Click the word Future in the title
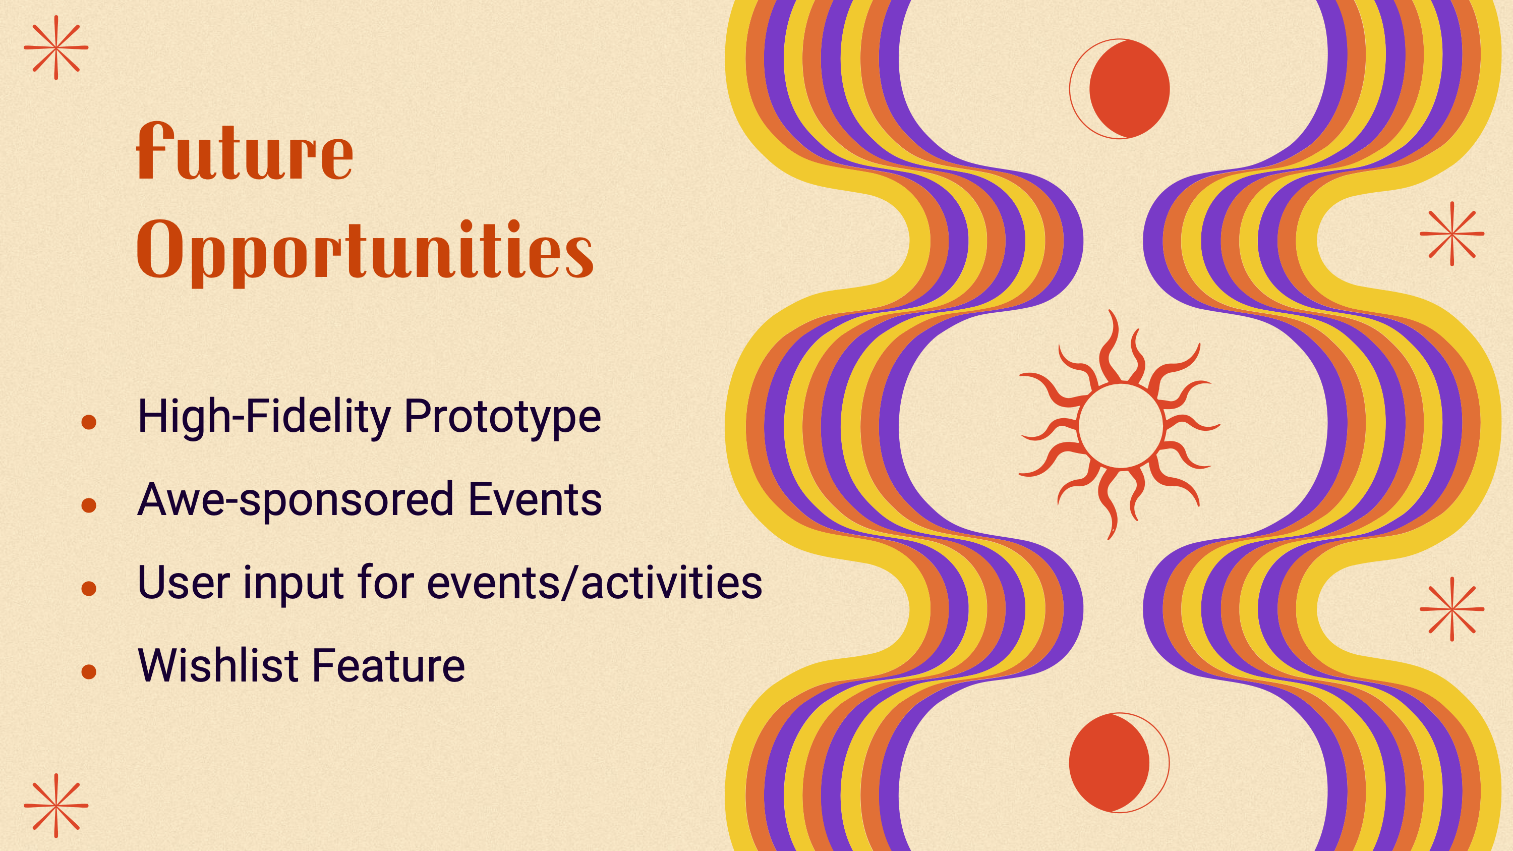[245, 151]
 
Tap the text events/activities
[595, 583]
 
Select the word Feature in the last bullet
[389, 665]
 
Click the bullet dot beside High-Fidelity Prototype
[89, 422]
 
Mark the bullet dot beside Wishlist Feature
[89, 671]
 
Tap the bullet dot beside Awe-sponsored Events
[89, 505]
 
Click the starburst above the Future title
[56, 47]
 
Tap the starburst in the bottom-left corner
[56, 806]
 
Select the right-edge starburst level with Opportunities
[1452, 234]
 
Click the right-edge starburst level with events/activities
[1452, 609]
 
